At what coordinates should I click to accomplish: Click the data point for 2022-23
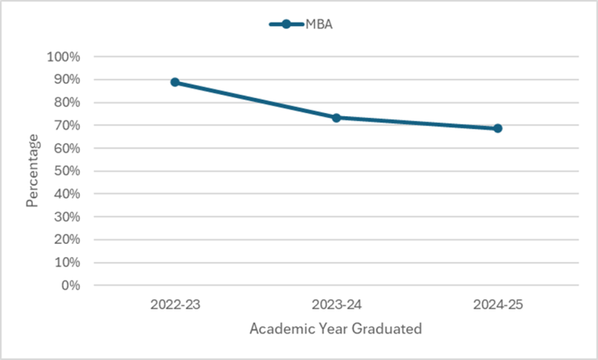click(175, 82)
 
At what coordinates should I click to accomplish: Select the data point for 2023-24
click(336, 118)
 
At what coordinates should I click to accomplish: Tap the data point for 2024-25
click(498, 128)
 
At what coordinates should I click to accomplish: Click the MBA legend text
click(319, 24)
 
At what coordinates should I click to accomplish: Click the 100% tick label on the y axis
click(63, 57)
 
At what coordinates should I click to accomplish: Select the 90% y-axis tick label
click(65, 79)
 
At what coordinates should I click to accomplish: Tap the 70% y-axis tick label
click(65, 125)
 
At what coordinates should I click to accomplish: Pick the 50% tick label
click(65, 171)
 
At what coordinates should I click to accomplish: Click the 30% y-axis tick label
click(65, 217)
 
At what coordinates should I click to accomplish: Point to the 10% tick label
click(65, 263)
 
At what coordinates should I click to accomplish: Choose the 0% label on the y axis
click(69, 285)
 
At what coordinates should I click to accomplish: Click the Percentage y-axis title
click(33, 171)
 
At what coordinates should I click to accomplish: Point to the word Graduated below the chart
click(386, 329)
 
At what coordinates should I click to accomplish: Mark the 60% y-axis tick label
click(65, 148)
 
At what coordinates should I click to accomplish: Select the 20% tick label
click(65, 239)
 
